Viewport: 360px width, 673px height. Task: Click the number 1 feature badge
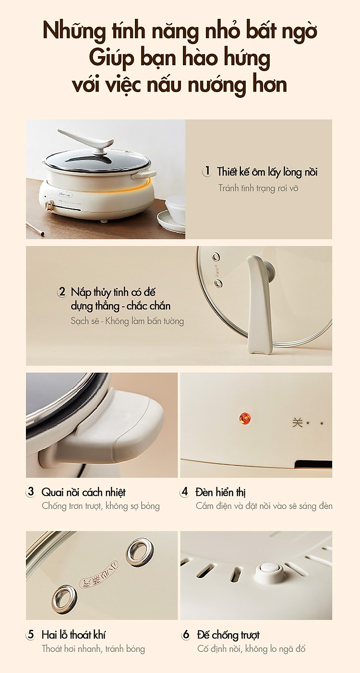(207, 171)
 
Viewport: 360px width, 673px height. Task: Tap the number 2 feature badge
(61, 292)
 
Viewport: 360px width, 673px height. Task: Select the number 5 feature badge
(31, 635)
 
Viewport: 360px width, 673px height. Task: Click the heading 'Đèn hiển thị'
(220, 492)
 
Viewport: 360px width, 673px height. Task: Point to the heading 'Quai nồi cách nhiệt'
(84, 492)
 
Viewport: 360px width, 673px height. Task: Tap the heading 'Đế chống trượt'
(228, 635)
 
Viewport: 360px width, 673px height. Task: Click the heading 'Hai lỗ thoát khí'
(74, 635)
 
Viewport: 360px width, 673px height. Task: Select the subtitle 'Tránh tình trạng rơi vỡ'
(258, 188)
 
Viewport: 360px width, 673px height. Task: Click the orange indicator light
(245, 418)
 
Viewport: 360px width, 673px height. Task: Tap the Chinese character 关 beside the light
(297, 422)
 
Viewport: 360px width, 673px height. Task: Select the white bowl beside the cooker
(175, 208)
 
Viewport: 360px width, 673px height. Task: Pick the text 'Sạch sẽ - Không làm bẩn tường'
(127, 321)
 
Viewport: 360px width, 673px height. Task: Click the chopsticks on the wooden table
(35, 229)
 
